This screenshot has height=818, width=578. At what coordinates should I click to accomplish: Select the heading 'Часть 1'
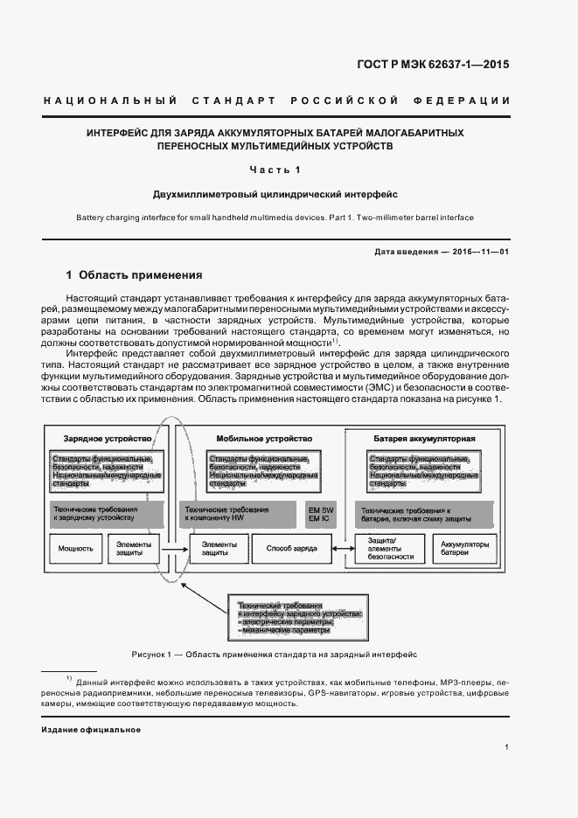point(275,170)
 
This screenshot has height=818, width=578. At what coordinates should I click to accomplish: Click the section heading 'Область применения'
point(140,274)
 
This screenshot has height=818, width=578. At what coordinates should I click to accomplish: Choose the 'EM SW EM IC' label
point(321,514)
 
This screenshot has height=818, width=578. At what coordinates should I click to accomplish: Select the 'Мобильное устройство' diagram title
point(263,437)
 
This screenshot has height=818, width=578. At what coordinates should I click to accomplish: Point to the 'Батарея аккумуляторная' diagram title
point(424,437)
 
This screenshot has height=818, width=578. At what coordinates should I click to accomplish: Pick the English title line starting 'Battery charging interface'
point(275,217)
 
